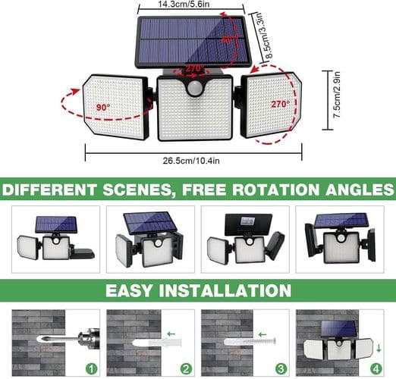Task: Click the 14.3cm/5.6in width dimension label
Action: tap(184, 4)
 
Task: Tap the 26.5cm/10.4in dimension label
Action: tap(191, 161)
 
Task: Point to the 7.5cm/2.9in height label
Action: tap(337, 95)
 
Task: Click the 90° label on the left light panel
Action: tap(103, 108)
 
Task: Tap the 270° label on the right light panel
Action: tap(281, 104)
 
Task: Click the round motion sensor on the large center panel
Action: tap(194, 89)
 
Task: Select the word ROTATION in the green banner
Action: tap(276, 189)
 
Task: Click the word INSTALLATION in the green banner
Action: tap(225, 290)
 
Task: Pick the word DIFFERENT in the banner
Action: tap(49, 189)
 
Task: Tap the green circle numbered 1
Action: tap(91, 369)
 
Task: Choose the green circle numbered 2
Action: tap(186, 369)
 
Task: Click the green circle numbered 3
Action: tap(281, 369)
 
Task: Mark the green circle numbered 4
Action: tap(376, 369)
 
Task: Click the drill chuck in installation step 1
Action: tap(90, 338)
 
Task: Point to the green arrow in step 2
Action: tap(171, 334)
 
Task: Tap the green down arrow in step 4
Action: tap(379, 349)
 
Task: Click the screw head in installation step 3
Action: tap(274, 341)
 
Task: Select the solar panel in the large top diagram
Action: tap(193, 41)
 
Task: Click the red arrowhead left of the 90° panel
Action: tap(74, 91)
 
